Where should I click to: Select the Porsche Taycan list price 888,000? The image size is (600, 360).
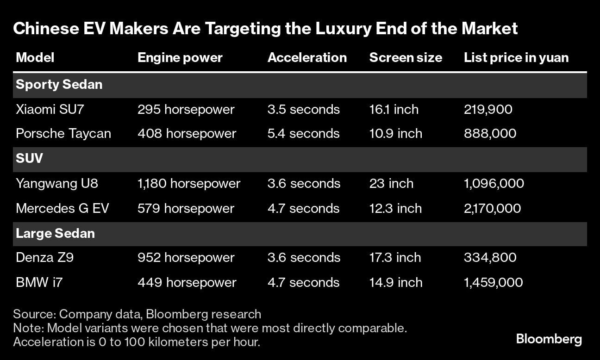click(x=490, y=134)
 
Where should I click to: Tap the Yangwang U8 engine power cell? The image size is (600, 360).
click(x=189, y=184)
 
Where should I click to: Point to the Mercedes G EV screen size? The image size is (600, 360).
click(x=395, y=209)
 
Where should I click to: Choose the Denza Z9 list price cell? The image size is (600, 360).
click(x=490, y=258)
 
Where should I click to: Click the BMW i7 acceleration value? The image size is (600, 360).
click(x=303, y=283)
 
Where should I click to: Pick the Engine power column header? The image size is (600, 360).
click(x=180, y=57)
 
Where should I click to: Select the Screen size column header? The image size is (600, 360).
click(x=406, y=57)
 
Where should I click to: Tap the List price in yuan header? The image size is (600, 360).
click(x=516, y=57)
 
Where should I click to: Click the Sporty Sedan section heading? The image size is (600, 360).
click(x=59, y=85)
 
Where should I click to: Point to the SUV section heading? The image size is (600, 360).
click(x=29, y=159)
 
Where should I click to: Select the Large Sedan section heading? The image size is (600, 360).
click(x=55, y=233)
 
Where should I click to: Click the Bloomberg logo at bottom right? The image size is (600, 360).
click(x=549, y=339)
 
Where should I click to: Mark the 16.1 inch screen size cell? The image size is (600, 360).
click(x=394, y=110)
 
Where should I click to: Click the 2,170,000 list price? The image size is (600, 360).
click(x=492, y=209)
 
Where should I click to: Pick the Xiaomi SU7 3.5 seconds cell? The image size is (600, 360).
click(x=303, y=110)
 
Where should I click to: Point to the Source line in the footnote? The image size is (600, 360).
click(x=137, y=314)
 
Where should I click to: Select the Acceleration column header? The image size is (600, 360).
click(x=307, y=57)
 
